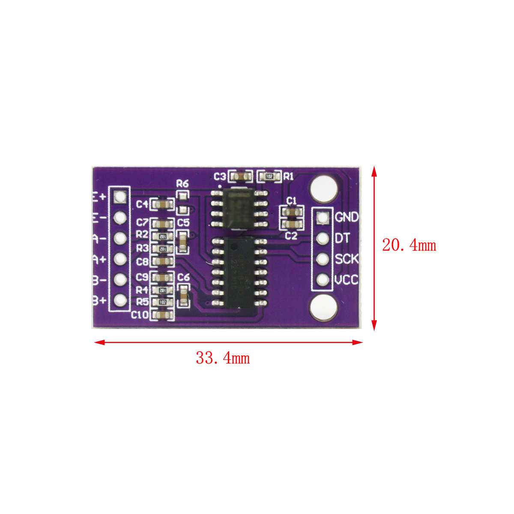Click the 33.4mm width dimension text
(223, 358)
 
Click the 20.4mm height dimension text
(409, 245)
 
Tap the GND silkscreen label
(347, 217)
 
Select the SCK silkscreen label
(347, 259)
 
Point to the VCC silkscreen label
(347, 280)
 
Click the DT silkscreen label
(342, 238)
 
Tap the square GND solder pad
(323, 217)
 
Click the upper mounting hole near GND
(323, 188)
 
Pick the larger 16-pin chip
(240, 272)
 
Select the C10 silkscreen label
(140, 315)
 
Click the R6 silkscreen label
(182, 184)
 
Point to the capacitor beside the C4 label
(162, 204)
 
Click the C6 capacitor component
(183, 295)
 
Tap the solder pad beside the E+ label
(120, 196)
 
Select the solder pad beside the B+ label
(120, 300)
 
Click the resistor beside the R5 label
(162, 302)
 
